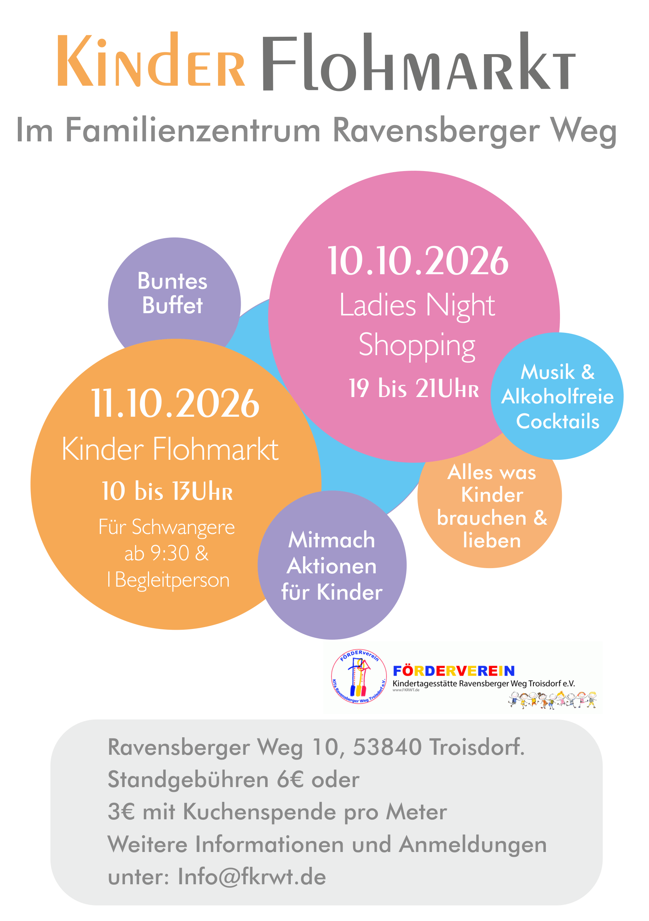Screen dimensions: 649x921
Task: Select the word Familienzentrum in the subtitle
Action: coord(193,130)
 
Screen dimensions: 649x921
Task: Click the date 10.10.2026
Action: coord(418,261)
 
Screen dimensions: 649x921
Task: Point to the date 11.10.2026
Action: coord(175,403)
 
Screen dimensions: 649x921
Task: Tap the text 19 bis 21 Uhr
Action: coord(414,388)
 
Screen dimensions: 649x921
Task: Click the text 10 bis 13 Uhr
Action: coord(167,491)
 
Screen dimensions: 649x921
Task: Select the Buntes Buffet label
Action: coord(172,293)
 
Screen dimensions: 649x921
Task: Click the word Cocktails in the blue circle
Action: coord(558,422)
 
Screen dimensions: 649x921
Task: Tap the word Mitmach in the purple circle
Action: coord(332,540)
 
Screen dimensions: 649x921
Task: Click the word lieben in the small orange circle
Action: coord(491,540)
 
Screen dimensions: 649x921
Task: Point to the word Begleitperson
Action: coord(172,580)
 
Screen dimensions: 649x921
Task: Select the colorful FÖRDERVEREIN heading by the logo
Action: coord(454,671)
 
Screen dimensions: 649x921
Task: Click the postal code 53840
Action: coord(387,747)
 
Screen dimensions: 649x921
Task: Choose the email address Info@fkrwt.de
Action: coord(252,877)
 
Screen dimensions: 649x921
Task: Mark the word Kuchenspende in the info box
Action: coord(259,812)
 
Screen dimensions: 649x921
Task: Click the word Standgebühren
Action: coord(188,780)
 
